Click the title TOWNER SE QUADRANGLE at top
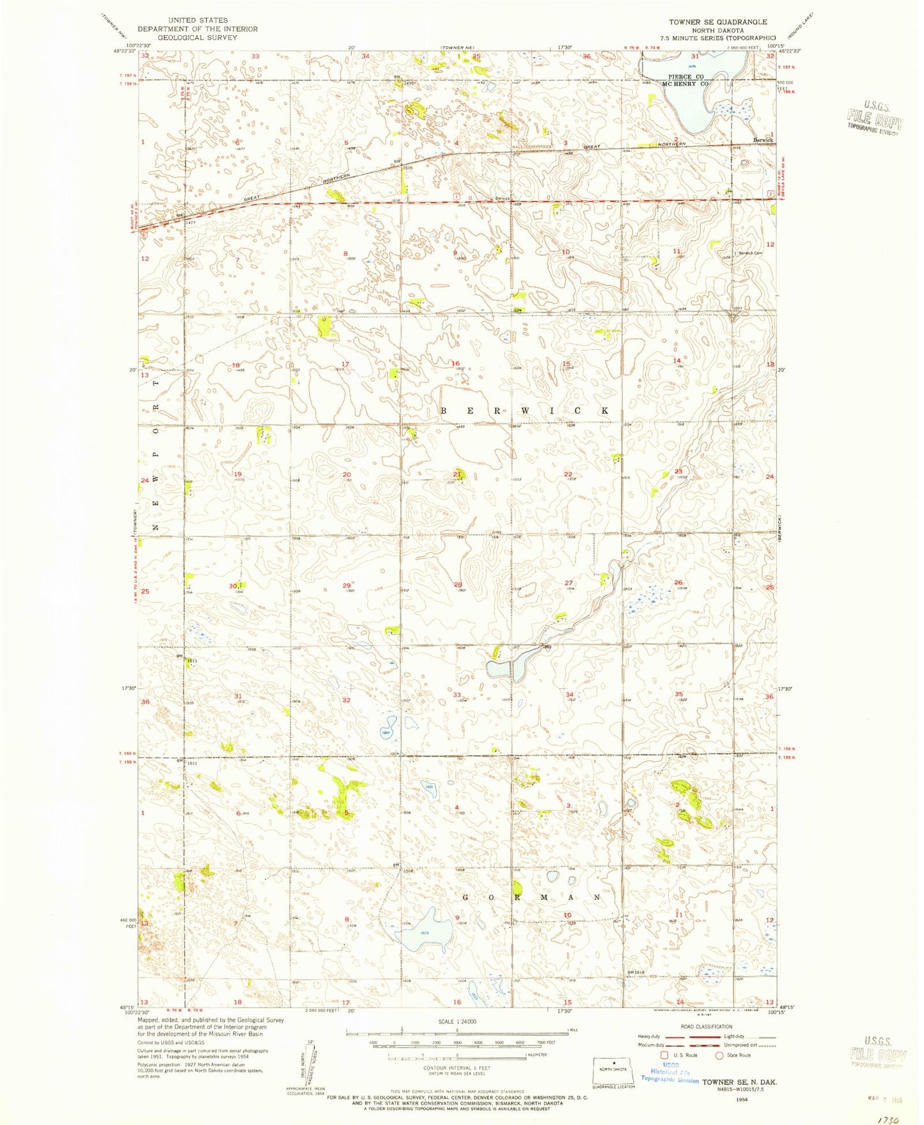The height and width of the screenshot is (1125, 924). (718, 22)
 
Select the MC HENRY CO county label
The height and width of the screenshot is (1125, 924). (685, 84)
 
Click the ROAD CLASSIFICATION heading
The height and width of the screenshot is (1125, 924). (707, 1027)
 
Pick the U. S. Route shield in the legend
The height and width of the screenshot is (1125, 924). (664, 1055)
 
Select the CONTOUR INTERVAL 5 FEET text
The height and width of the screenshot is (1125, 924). (457, 1068)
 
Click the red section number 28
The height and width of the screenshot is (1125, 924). (457, 585)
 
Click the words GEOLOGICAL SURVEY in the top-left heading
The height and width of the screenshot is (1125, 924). (198, 38)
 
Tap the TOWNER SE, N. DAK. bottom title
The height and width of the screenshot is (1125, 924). (739, 1082)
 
